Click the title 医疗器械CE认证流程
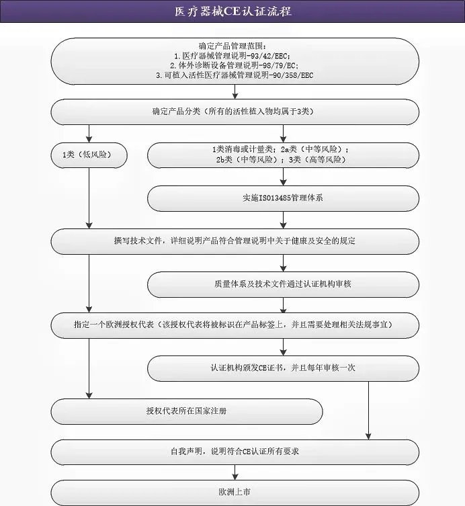click(232, 11)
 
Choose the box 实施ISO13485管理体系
click(283, 198)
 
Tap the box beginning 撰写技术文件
click(235, 241)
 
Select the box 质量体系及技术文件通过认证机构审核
click(283, 284)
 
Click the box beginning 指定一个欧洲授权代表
click(235, 325)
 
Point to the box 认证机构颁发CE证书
click(283, 368)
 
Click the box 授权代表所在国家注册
click(186, 411)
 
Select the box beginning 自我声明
click(235, 452)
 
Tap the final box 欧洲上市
click(235, 492)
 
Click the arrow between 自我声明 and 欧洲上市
click(235, 472)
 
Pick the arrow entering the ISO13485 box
click(283, 178)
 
